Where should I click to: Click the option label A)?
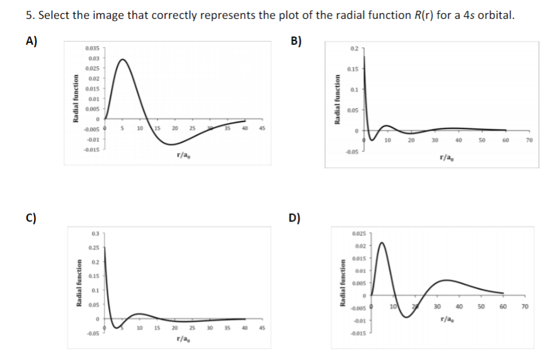tap(32, 42)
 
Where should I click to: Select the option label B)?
tap(297, 42)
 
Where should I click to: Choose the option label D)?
tap(294, 219)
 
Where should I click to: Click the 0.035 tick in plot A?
tap(92, 48)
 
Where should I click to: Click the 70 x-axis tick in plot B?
tap(530, 140)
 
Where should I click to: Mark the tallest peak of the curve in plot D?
tap(382, 242)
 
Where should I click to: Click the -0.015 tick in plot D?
tap(360, 333)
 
